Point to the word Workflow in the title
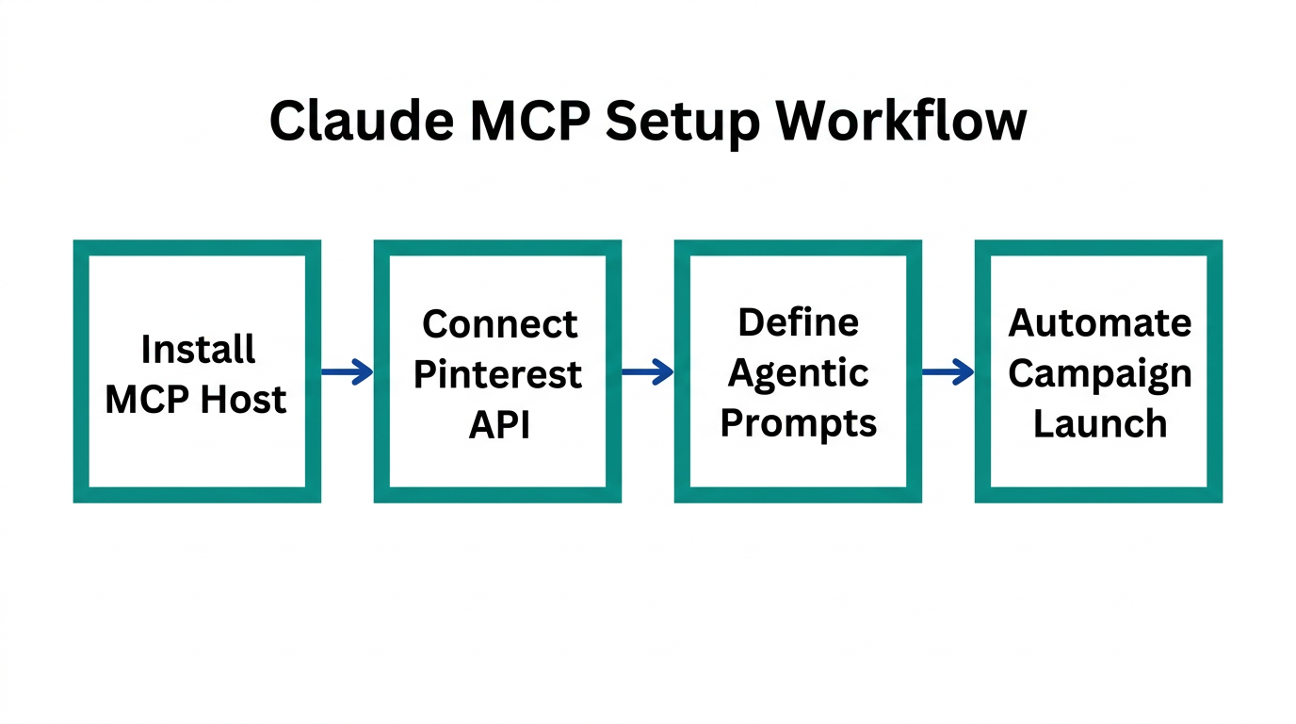tap(899, 122)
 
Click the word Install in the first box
tap(198, 350)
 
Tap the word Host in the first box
tap(244, 400)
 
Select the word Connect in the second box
tap(498, 324)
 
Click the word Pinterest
tap(497, 375)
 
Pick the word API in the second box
tap(499, 425)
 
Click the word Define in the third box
tap(798, 323)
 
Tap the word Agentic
tap(798, 374)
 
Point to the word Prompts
tap(798, 424)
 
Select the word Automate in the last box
tap(1099, 323)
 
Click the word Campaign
tap(1099, 374)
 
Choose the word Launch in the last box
tap(1099, 424)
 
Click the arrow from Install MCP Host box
tap(347, 372)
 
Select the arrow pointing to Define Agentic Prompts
tap(647, 372)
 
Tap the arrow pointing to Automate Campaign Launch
tap(948, 372)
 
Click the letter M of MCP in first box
tap(122, 400)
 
